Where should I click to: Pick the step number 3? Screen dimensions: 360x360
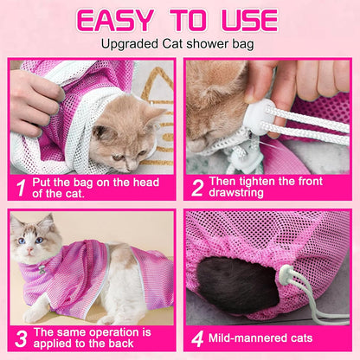(x=19, y=337)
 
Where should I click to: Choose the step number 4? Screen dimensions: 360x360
(x=197, y=337)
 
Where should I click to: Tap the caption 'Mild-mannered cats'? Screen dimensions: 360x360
(x=269, y=337)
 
